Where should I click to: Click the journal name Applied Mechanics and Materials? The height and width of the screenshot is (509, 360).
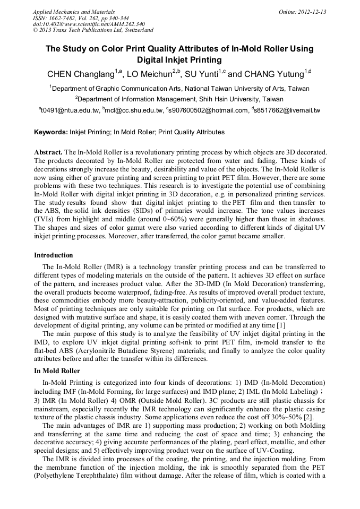click(73, 11)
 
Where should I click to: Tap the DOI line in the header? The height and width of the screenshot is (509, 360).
click(88, 24)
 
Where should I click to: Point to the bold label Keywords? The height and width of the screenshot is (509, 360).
click(50, 132)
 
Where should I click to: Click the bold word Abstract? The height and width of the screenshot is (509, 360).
click(48, 152)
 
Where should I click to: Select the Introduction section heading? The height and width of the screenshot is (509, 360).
click(54, 255)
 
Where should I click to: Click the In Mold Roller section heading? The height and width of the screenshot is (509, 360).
click(57, 370)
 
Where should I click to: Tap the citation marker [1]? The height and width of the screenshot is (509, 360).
click(281, 324)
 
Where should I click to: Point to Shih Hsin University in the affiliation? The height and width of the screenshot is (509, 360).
click(226, 99)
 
